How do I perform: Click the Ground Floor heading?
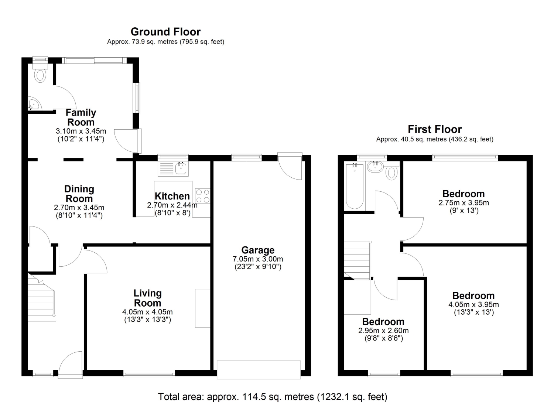click(x=165, y=32)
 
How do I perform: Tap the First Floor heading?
click(x=435, y=129)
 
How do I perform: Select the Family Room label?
click(x=81, y=117)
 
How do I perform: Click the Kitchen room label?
click(x=172, y=196)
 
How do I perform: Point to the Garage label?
click(x=258, y=250)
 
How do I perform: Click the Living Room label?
click(x=148, y=298)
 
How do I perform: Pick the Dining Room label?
click(x=79, y=194)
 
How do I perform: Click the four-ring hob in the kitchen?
click(x=202, y=196)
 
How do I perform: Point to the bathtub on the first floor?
click(x=355, y=186)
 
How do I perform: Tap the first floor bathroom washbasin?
click(x=376, y=167)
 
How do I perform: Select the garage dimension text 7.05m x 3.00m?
click(x=258, y=259)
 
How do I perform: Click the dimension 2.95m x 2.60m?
click(x=383, y=331)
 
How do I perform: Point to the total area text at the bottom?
click(x=273, y=397)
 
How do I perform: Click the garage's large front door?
click(x=259, y=370)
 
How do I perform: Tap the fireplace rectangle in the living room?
click(x=202, y=308)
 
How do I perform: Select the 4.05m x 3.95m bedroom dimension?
click(x=473, y=304)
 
